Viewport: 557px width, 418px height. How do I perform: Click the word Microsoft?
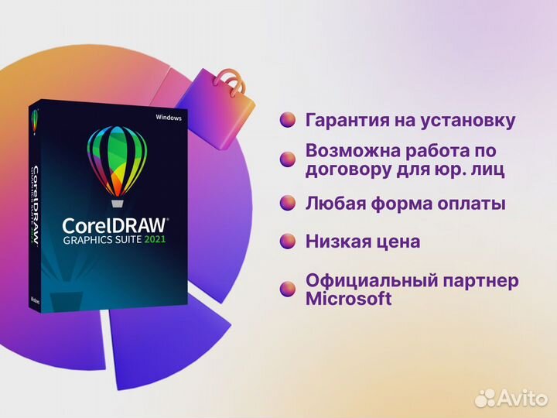pyautogui.click(x=349, y=299)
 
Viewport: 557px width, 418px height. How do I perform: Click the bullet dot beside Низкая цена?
pyautogui.click(x=288, y=241)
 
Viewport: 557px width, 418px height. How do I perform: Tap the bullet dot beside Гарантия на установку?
pyautogui.click(x=288, y=120)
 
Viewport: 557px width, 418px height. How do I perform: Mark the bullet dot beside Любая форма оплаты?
pyautogui.click(x=288, y=203)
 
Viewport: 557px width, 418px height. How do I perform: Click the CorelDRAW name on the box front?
pyautogui.click(x=115, y=226)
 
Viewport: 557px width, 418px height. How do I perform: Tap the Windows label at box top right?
pyautogui.click(x=168, y=118)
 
